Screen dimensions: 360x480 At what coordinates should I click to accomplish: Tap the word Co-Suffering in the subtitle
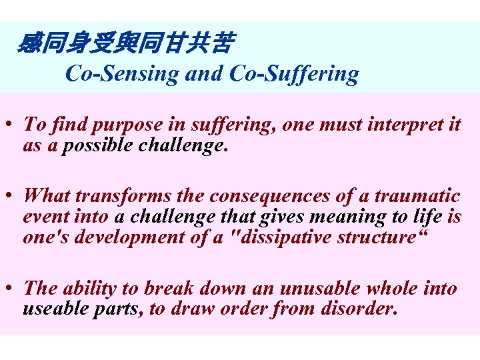tap(293, 73)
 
